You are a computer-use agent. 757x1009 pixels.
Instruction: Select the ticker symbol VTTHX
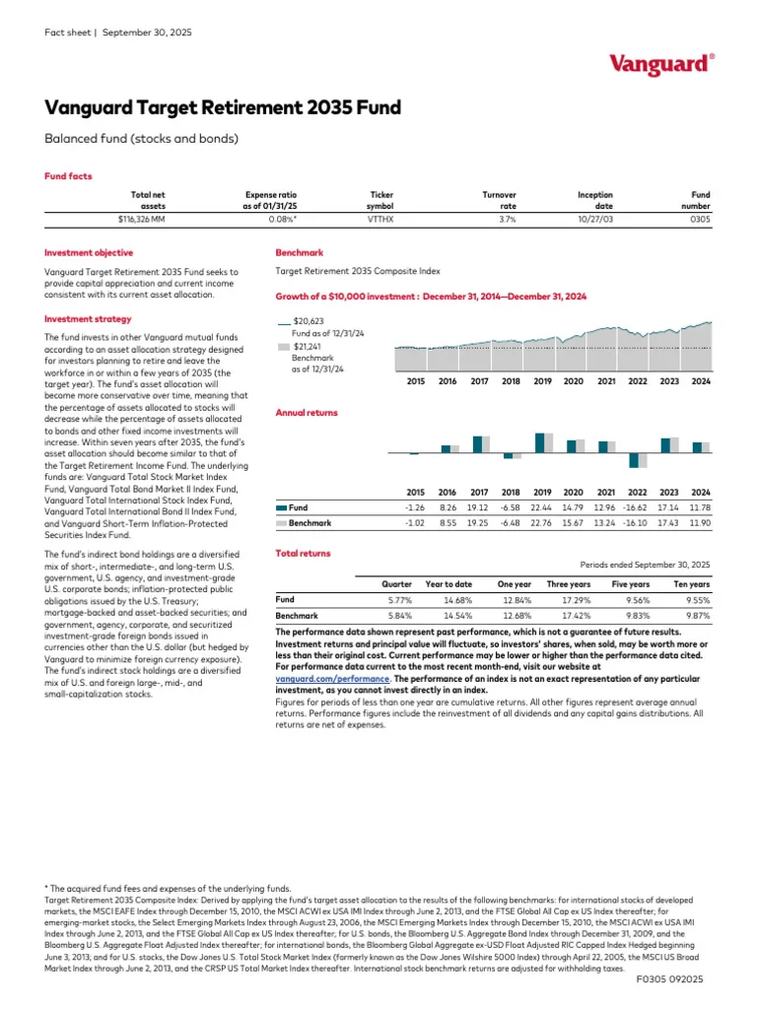pyautogui.click(x=380, y=220)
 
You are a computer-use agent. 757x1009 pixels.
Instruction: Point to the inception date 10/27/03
pyautogui.click(x=594, y=220)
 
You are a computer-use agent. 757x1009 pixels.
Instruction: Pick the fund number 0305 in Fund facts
pyautogui.click(x=700, y=220)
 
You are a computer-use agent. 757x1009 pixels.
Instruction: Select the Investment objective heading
pyautogui.click(x=89, y=253)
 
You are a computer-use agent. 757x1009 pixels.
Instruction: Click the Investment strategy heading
pyautogui.click(x=86, y=319)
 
